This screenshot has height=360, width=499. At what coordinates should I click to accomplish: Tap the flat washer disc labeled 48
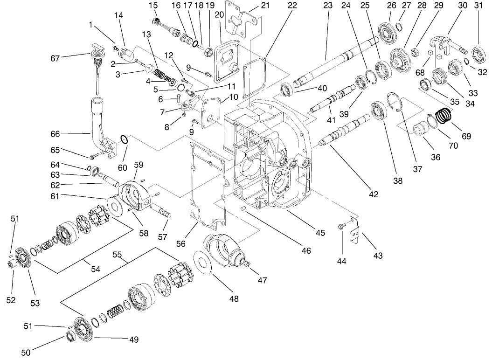(204, 264)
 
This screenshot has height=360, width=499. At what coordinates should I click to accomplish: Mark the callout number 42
(373, 194)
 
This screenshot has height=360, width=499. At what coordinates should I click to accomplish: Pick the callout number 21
(265, 6)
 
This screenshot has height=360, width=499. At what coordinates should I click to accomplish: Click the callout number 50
(26, 353)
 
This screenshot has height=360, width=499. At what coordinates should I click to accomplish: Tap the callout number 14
(118, 15)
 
